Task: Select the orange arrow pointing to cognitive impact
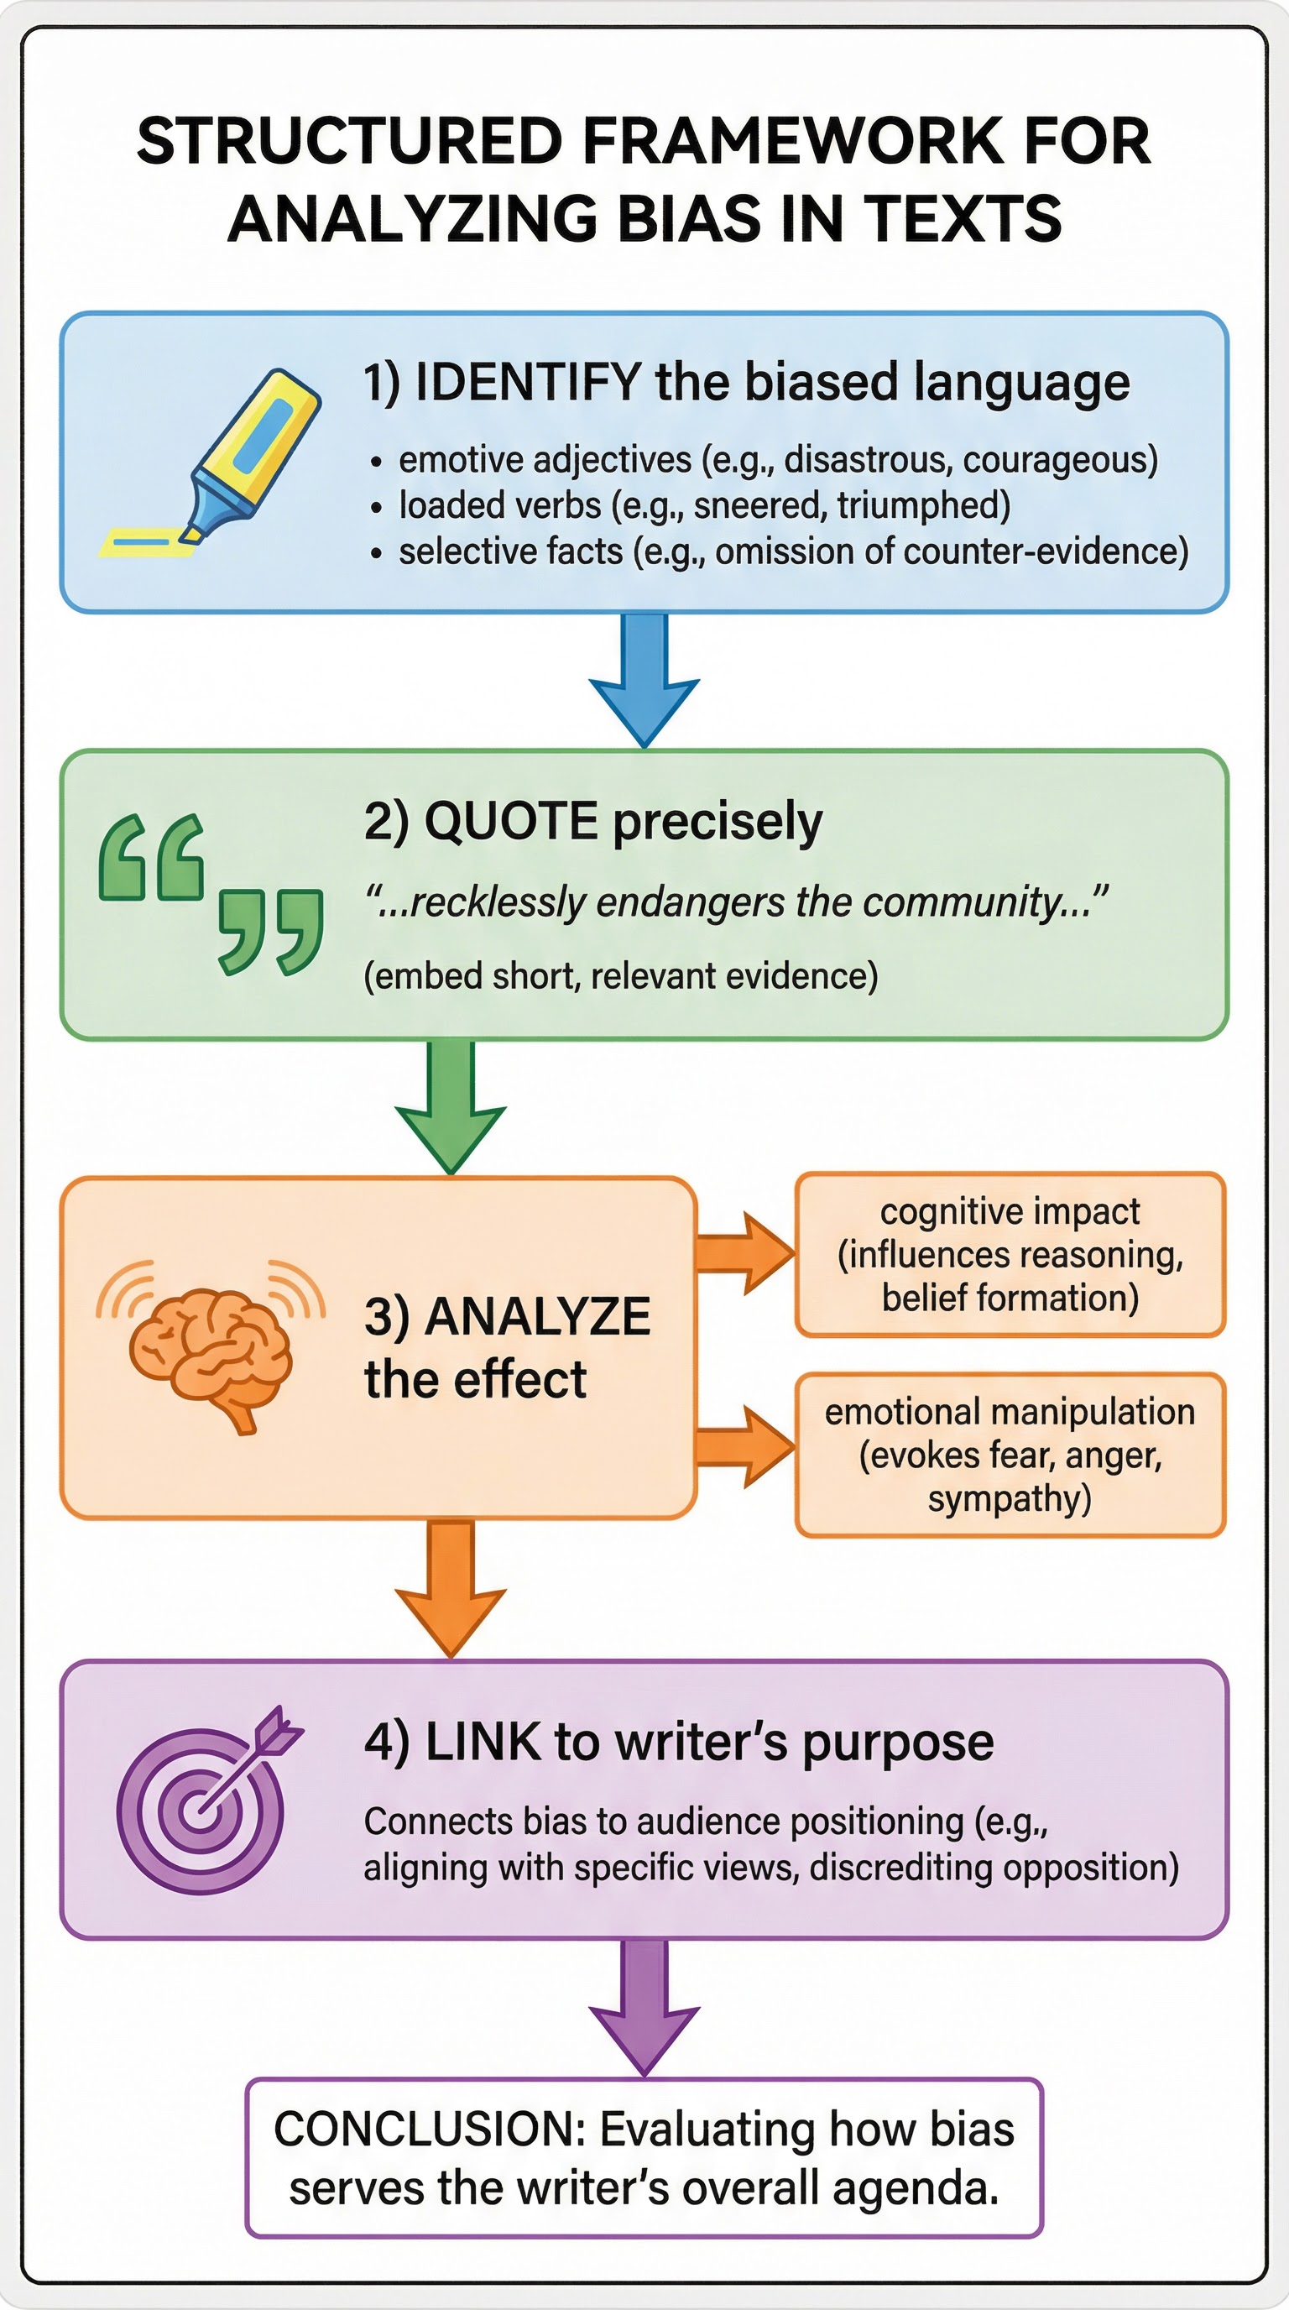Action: click(x=744, y=1254)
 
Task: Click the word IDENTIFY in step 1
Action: click(x=528, y=383)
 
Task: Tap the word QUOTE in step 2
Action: click(x=510, y=821)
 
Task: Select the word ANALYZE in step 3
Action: click(x=538, y=1317)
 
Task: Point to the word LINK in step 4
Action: click(x=483, y=1743)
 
